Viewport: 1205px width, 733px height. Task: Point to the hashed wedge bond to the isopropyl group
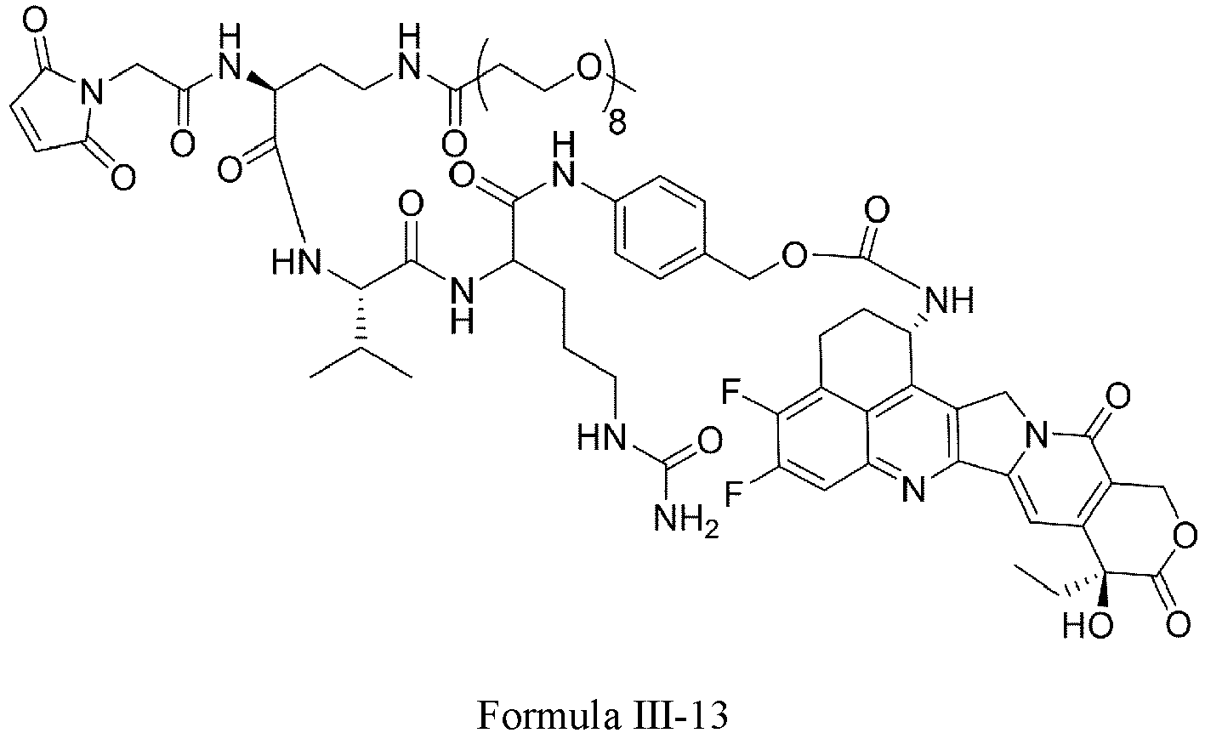(x=362, y=321)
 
